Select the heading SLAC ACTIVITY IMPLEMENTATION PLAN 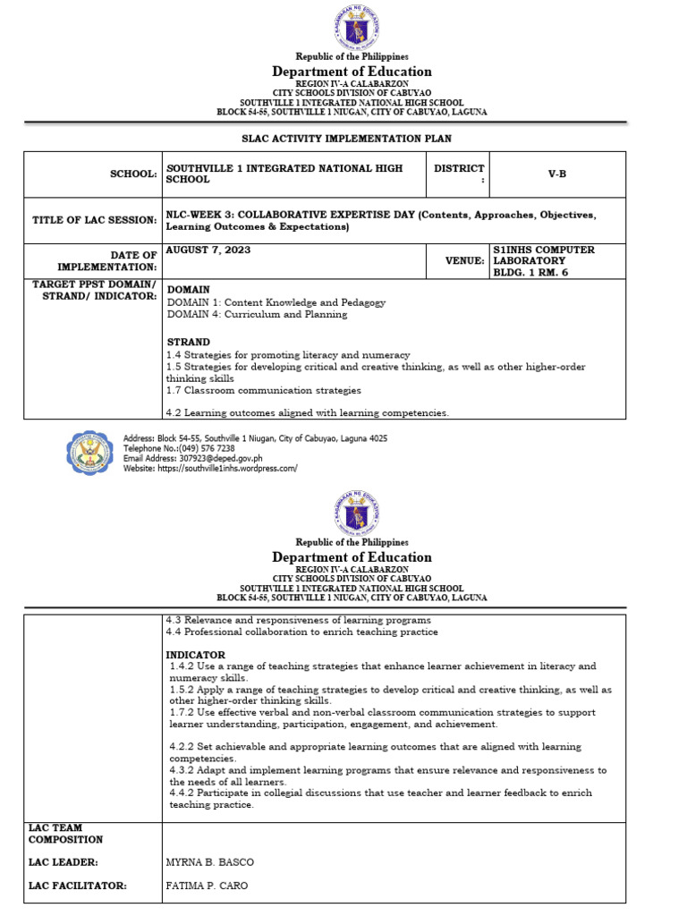point(347,139)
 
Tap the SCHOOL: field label point(133,174)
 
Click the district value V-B point(557,174)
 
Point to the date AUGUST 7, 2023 point(208,250)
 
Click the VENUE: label point(465,260)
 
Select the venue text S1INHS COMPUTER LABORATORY point(544,256)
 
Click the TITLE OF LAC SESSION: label point(95,221)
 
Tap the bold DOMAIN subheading point(189,290)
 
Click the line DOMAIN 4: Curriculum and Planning point(257,315)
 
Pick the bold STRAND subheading point(189,342)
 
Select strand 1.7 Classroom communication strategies point(264,390)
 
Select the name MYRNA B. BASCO point(210,862)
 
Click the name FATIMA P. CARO point(208,886)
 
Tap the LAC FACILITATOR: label point(77,886)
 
